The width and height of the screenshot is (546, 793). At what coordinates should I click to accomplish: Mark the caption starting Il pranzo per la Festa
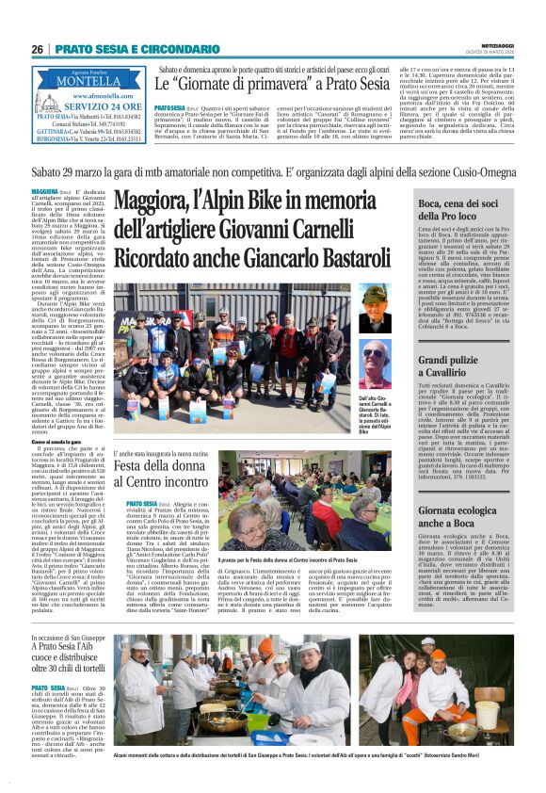302,587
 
